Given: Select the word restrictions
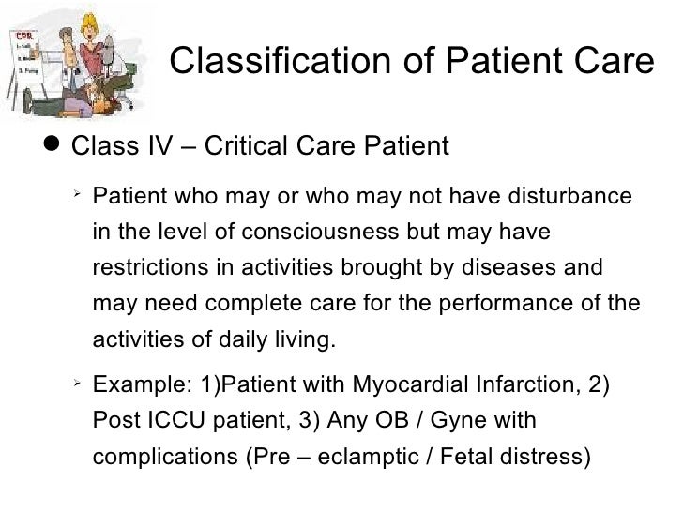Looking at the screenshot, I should (150, 268).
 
